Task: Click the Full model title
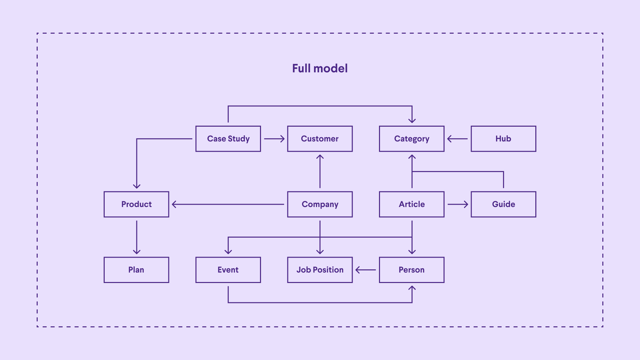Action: [x=320, y=68]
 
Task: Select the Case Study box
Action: [x=228, y=139]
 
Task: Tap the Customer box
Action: [x=320, y=139]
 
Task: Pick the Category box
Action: [x=412, y=139]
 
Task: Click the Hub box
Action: [x=503, y=139]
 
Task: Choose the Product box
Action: [x=136, y=204]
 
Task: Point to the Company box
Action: [x=320, y=204]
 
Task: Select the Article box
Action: [x=412, y=204]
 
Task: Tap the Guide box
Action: [x=503, y=204]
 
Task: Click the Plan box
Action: [x=136, y=270]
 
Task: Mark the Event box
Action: [x=228, y=270]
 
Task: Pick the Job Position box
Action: [x=320, y=270]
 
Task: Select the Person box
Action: [x=412, y=270]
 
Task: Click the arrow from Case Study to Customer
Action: [x=274, y=139]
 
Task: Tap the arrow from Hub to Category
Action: [x=458, y=139]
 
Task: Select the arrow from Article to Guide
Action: [x=458, y=204]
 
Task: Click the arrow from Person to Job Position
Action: [x=366, y=270]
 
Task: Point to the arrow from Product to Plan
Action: [x=136, y=237]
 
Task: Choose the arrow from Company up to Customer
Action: [x=320, y=171]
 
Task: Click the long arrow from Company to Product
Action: [x=228, y=204]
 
